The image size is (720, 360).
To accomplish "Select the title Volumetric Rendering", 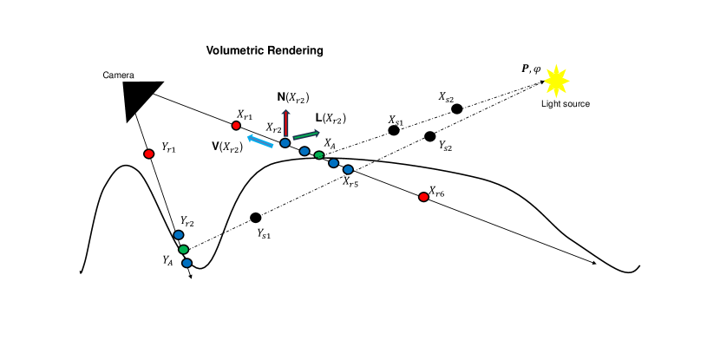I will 265,50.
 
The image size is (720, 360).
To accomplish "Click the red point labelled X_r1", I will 236,126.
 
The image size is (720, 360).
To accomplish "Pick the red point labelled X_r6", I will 423,197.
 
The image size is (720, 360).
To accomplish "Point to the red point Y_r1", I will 148,154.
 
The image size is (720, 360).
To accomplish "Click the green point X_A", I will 319,155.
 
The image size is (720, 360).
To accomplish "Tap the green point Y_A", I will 183,250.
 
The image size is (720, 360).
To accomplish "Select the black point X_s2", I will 457,108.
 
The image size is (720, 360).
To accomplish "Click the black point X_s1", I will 394,130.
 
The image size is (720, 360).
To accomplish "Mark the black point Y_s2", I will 430,136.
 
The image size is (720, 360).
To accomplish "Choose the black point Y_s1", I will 255,217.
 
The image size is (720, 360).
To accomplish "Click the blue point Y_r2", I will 179,235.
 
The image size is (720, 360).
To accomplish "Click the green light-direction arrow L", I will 304,134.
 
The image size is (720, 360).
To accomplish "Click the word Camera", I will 118,75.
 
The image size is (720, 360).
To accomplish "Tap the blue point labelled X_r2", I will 285,142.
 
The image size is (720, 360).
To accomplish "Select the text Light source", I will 566,104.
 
